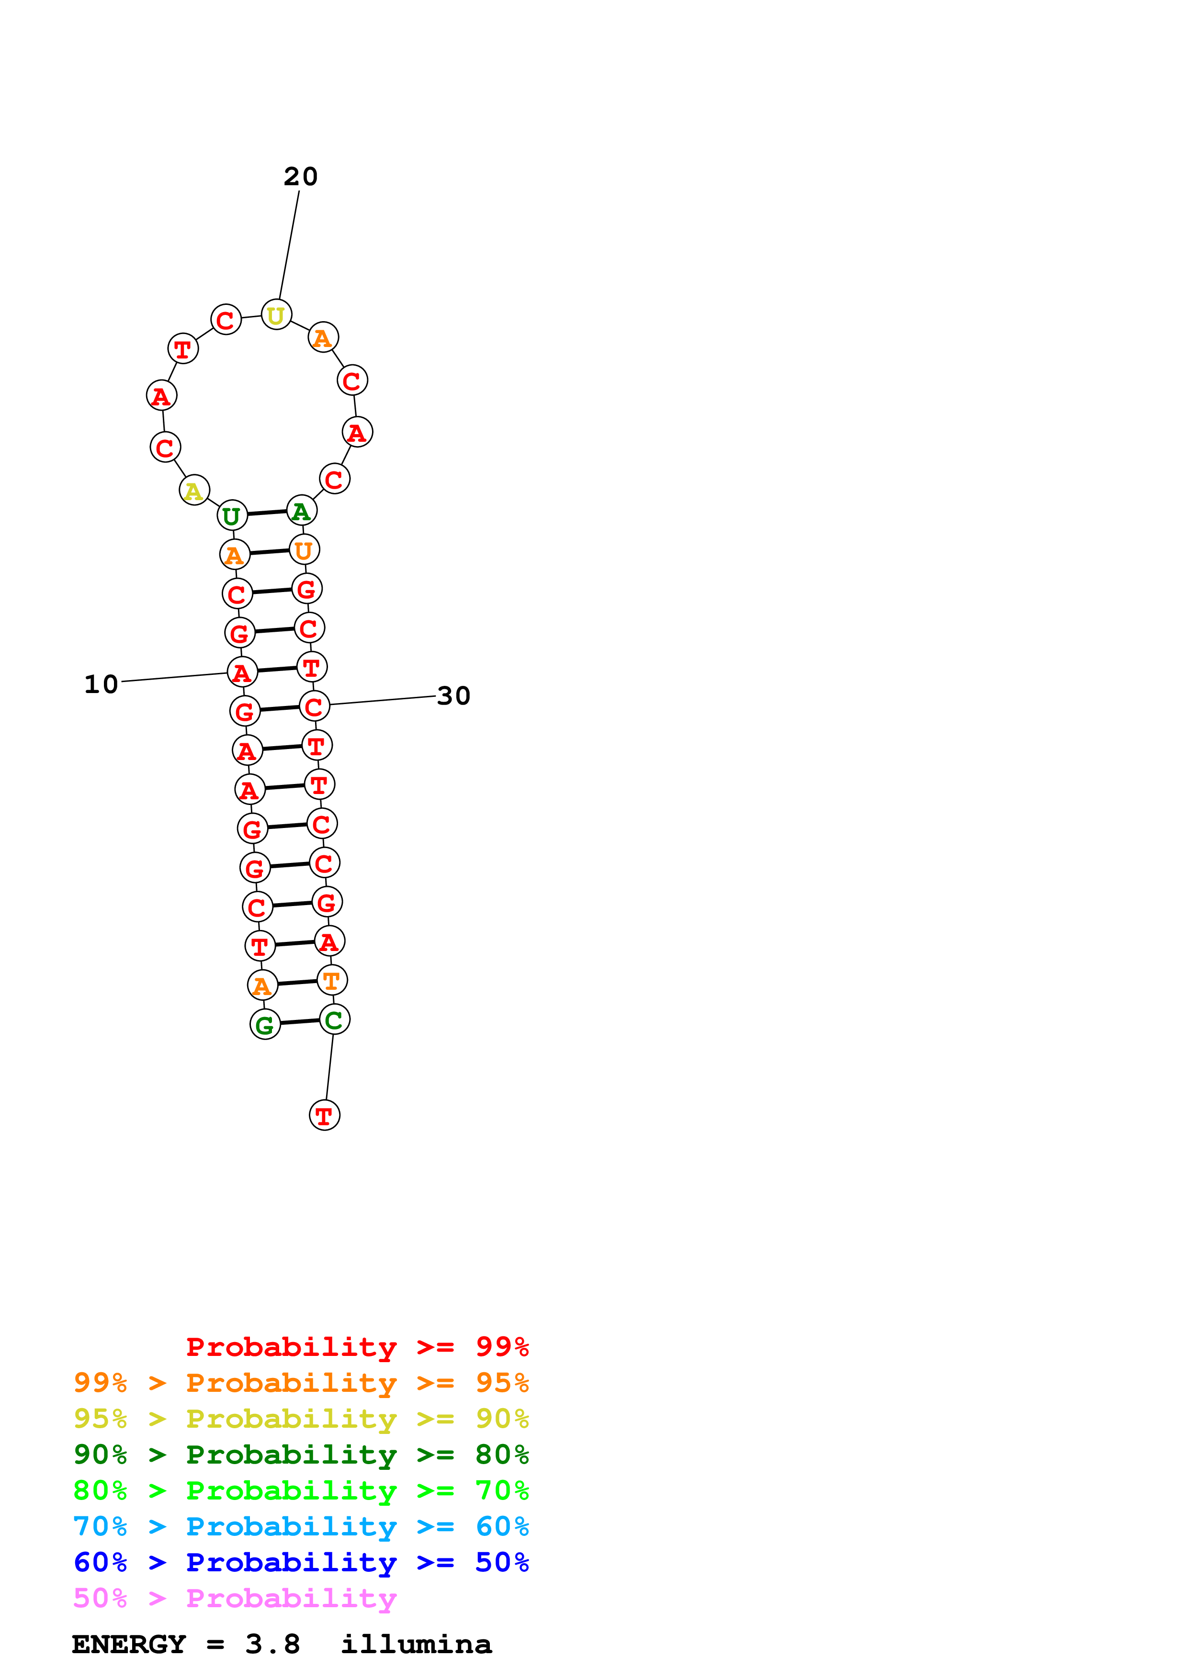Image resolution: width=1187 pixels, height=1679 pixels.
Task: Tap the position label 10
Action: click(x=101, y=684)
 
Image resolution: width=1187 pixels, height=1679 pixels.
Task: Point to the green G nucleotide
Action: click(x=265, y=1025)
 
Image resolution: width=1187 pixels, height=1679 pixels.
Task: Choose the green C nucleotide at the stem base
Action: click(x=334, y=1019)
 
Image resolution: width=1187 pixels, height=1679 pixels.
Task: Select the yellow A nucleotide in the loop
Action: click(x=194, y=490)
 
